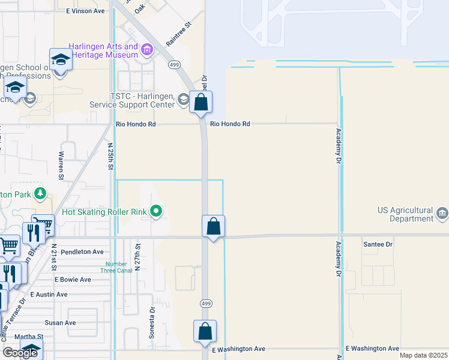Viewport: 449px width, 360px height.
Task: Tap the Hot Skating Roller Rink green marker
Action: click(157, 211)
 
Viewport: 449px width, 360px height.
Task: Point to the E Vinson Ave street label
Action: click(86, 11)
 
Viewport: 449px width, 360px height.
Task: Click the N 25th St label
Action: click(110, 155)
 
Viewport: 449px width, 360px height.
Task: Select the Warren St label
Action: click(61, 166)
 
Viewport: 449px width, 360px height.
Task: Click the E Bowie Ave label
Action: click(73, 280)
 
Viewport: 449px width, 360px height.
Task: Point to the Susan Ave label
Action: click(60, 323)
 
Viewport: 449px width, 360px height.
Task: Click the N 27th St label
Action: click(137, 257)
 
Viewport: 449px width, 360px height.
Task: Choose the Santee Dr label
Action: click(378, 245)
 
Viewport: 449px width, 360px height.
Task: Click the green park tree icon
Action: click(40, 193)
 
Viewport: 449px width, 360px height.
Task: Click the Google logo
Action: click(20, 353)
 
